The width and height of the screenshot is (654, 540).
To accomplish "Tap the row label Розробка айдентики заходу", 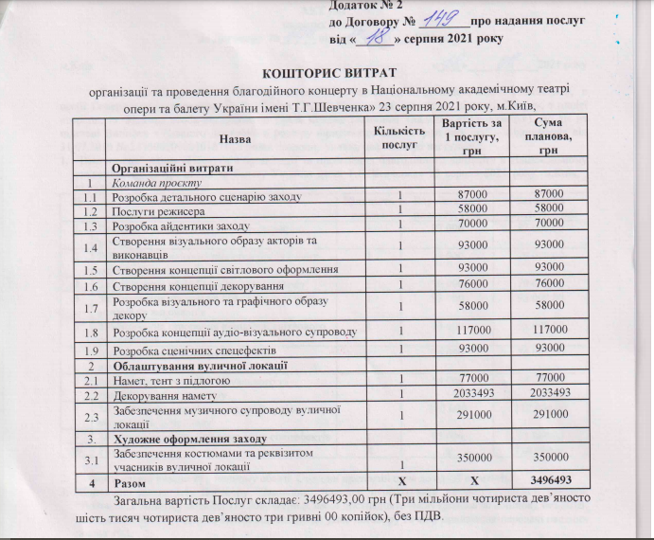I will pos(180,226).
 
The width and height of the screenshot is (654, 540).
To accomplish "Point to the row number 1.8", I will pos(92,331).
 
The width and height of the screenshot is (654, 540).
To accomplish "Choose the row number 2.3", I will pos(92,416).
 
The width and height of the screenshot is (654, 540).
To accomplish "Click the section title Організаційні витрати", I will pos(180,168).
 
